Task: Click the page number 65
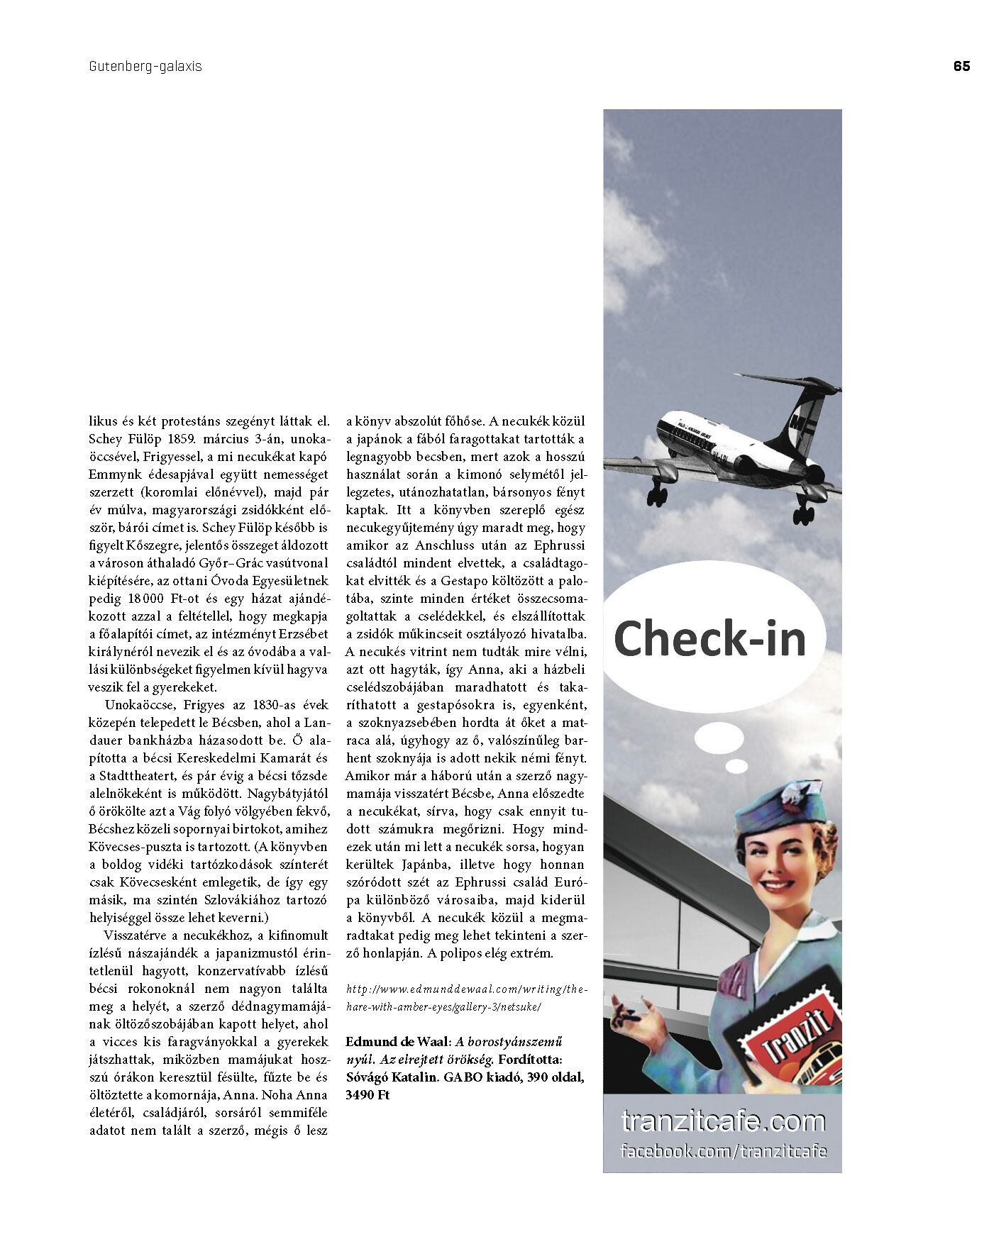tap(961, 66)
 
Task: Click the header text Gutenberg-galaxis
tap(145, 67)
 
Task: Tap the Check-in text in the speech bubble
tap(709, 638)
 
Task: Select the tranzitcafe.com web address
tap(723, 1121)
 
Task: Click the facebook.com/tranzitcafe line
tap(723, 1150)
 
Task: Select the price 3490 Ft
tap(367, 1095)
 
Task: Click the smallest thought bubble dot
tap(736, 767)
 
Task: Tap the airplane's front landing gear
tap(657, 494)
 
